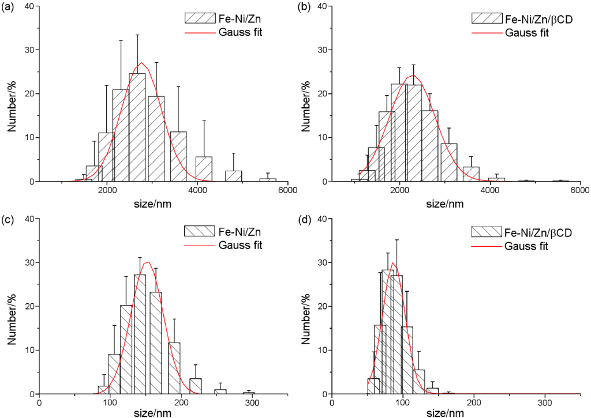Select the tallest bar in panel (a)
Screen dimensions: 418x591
point(137,127)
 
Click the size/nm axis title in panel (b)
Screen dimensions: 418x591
point(444,203)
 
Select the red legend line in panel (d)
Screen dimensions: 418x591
point(487,246)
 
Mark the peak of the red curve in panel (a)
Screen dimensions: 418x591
point(141,63)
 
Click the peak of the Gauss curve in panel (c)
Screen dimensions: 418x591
point(148,262)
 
